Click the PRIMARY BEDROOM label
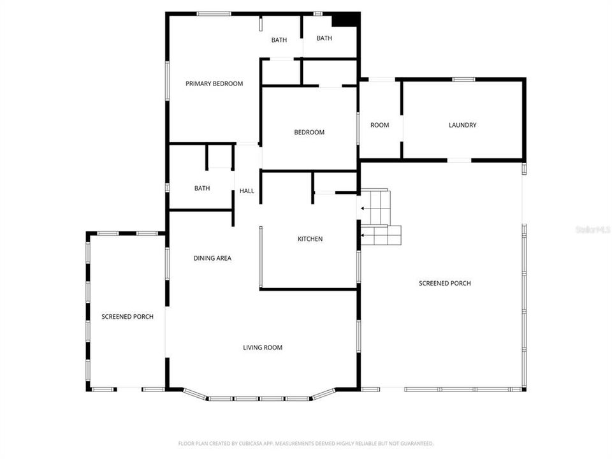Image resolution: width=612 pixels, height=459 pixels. (x=214, y=84)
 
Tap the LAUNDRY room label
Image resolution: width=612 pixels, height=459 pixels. (x=462, y=125)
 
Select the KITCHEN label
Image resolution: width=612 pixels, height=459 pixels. (x=310, y=239)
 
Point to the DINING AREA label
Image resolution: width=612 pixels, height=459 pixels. (x=212, y=258)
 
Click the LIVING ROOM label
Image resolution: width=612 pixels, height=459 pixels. (x=262, y=347)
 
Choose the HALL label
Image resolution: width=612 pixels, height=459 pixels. (x=247, y=191)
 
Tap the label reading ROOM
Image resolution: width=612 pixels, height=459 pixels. (x=379, y=125)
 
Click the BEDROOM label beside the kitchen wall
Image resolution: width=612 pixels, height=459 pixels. (x=309, y=133)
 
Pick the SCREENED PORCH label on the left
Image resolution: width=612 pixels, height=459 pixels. (x=127, y=316)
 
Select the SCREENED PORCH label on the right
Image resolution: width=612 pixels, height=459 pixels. (x=444, y=283)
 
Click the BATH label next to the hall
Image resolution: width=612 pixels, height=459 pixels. (x=202, y=188)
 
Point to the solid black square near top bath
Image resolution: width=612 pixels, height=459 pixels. (x=344, y=20)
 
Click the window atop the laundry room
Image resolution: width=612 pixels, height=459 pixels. (x=463, y=79)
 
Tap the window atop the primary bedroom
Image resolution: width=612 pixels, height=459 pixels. (x=214, y=13)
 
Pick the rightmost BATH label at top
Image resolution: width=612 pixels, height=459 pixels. (x=324, y=38)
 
